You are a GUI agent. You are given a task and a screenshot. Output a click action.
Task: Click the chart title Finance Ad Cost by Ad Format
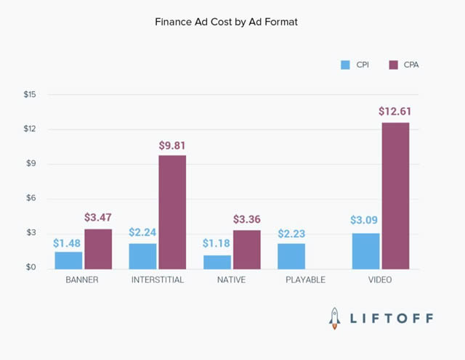pyautogui.click(x=226, y=22)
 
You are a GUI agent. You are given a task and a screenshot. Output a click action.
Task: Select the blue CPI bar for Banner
pyautogui.click(x=68, y=260)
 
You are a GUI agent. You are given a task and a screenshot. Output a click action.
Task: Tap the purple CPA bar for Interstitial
pyautogui.click(x=172, y=212)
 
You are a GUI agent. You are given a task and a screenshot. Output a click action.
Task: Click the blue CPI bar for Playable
pyautogui.click(x=291, y=255)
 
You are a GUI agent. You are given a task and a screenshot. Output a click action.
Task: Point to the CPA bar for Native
pyautogui.click(x=247, y=250)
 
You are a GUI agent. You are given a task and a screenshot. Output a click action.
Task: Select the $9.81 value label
pyautogui.click(x=173, y=145)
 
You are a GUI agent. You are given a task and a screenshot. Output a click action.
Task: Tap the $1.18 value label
pyautogui.click(x=217, y=245)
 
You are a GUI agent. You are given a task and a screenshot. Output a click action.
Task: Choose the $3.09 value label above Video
pyautogui.click(x=365, y=221)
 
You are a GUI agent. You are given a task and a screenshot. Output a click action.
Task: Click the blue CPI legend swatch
pyautogui.click(x=345, y=65)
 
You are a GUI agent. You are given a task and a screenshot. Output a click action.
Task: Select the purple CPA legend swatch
pyautogui.click(x=394, y=65)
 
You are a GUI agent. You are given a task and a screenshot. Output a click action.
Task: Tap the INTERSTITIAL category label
pyautogui.click(x=158, y=279)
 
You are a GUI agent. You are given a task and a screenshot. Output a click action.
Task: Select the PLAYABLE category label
pyautogui.click(x=306, y=279)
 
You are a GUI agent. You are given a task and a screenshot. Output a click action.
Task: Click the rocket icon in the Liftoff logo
pyautogui.click(x=335, y=318)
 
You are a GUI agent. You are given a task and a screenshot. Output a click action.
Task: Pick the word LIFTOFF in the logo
pyautogui.click(x=392, y=319)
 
